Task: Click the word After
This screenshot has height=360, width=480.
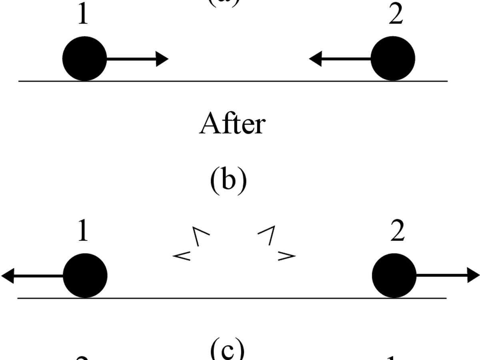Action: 232,124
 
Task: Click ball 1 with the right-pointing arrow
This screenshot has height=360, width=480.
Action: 84,59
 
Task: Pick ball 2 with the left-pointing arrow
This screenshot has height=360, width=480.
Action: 393,59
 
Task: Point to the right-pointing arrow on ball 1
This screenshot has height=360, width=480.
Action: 138,59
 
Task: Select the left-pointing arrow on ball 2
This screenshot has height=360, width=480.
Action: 340,59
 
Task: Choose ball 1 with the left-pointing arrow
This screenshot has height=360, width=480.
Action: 85,276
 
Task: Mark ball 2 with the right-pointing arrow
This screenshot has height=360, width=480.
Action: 394,276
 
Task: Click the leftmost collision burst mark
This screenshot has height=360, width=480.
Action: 182,255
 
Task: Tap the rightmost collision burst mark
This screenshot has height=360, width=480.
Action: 286,255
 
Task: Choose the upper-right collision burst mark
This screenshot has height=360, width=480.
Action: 267,235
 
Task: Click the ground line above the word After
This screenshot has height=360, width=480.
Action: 232,81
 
